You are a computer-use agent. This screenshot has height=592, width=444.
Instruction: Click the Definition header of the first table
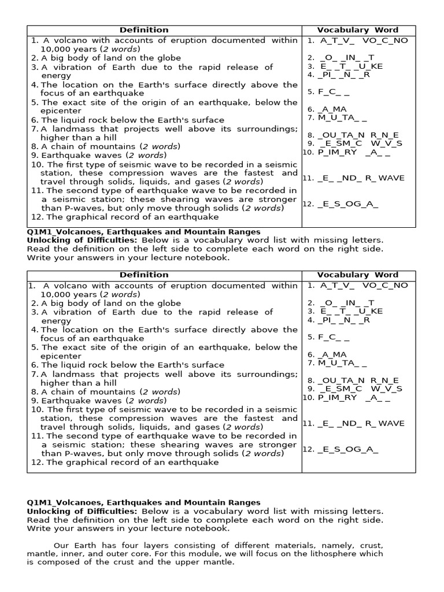[x=144, y=29]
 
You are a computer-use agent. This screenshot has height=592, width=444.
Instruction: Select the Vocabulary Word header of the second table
[x=357, y=275]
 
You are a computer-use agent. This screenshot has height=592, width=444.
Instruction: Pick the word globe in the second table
[x=168, y=303]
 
